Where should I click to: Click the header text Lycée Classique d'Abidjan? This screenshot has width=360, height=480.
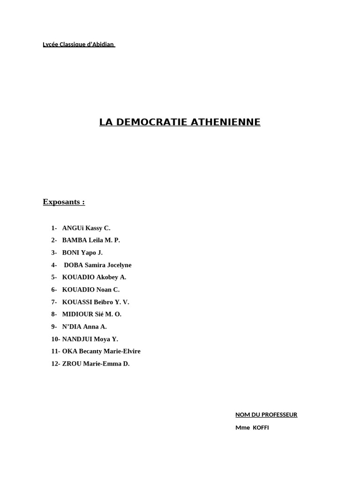[78, 45]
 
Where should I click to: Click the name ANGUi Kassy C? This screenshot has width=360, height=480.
[86, 228]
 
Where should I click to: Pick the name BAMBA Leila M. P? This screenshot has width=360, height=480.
[91, 240]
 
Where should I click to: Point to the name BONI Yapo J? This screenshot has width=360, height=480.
[82, 253]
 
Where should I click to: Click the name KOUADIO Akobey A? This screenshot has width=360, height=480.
[94, 277]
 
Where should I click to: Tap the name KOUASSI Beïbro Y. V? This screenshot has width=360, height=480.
[96, 302]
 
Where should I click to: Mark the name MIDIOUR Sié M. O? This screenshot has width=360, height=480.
[92, 315]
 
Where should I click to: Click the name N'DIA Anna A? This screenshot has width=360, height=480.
[84, 327]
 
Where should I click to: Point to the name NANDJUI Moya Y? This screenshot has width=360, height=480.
[90, 339]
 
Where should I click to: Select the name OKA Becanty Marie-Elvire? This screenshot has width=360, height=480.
[101, 352]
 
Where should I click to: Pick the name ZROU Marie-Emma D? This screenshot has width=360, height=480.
[96, 364]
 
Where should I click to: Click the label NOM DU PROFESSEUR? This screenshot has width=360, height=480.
[266, 415]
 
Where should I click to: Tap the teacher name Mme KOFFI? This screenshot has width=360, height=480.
[252, 428]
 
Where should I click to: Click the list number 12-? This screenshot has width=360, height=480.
[56, 364]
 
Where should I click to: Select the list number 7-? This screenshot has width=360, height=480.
[54, 302]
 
